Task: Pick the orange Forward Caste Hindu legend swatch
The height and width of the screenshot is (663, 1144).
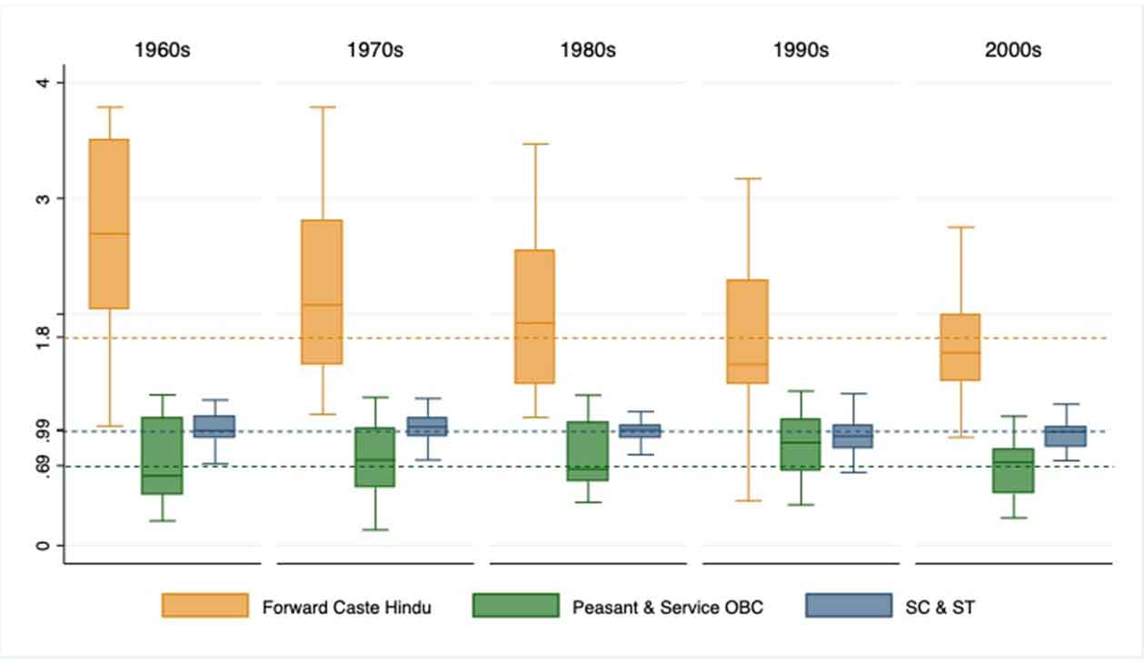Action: pos(205,606)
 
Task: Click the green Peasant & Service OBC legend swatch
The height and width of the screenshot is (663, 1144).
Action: pos(515,606)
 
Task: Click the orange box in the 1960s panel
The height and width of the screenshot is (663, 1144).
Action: pos(109,223)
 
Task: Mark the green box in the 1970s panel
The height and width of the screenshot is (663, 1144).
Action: pos(375,457)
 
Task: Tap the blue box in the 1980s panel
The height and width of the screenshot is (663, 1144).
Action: pos(641,430)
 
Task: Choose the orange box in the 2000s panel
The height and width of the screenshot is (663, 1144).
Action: pos(960,347)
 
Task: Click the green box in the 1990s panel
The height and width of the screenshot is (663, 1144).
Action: pos(801,444)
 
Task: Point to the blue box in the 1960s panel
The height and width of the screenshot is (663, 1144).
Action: pos(214,426)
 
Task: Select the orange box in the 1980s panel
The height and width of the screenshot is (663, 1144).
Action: pos(535,316)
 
